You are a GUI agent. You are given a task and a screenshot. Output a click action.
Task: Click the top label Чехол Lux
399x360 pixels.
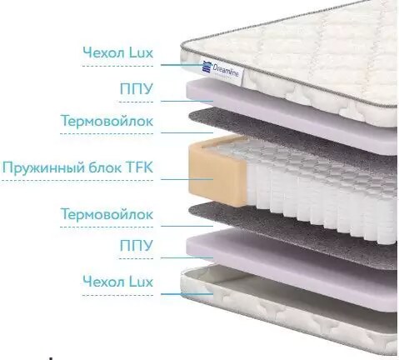pyautogui.click(x=118, y=52)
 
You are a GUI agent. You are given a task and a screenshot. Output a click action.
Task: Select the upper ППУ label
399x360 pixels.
pyautogui.click(x=137, y=88)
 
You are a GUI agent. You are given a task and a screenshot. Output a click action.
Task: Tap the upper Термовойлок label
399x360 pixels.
pyautogui.click(x=107, y=121)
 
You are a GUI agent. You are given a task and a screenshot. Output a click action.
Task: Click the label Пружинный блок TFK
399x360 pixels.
pyautogui.click(x=77, y=167)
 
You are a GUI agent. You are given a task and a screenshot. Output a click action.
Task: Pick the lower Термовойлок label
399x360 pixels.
pyautogui.click(x=107, y=214)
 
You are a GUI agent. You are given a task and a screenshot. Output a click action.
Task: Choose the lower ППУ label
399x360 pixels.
pyautogui.click(x=137, y=245)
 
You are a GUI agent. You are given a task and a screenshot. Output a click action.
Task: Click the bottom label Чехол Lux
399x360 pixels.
pyautogui.click(x=118, y=282)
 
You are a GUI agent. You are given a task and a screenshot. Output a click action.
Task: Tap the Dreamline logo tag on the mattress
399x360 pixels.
pyautogui.click(x=222, y=71)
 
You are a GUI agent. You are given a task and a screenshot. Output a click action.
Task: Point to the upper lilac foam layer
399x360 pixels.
pyautogui.click(x=292, y=115)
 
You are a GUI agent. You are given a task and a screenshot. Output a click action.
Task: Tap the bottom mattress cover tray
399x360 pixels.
pyautogui.click(x=289, y=308)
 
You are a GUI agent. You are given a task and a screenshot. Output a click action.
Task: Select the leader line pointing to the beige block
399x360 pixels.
pyautogui.click(x=187, y=179)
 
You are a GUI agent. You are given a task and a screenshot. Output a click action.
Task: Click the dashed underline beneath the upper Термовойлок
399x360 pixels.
pyautogui.click(x=107, y=133)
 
